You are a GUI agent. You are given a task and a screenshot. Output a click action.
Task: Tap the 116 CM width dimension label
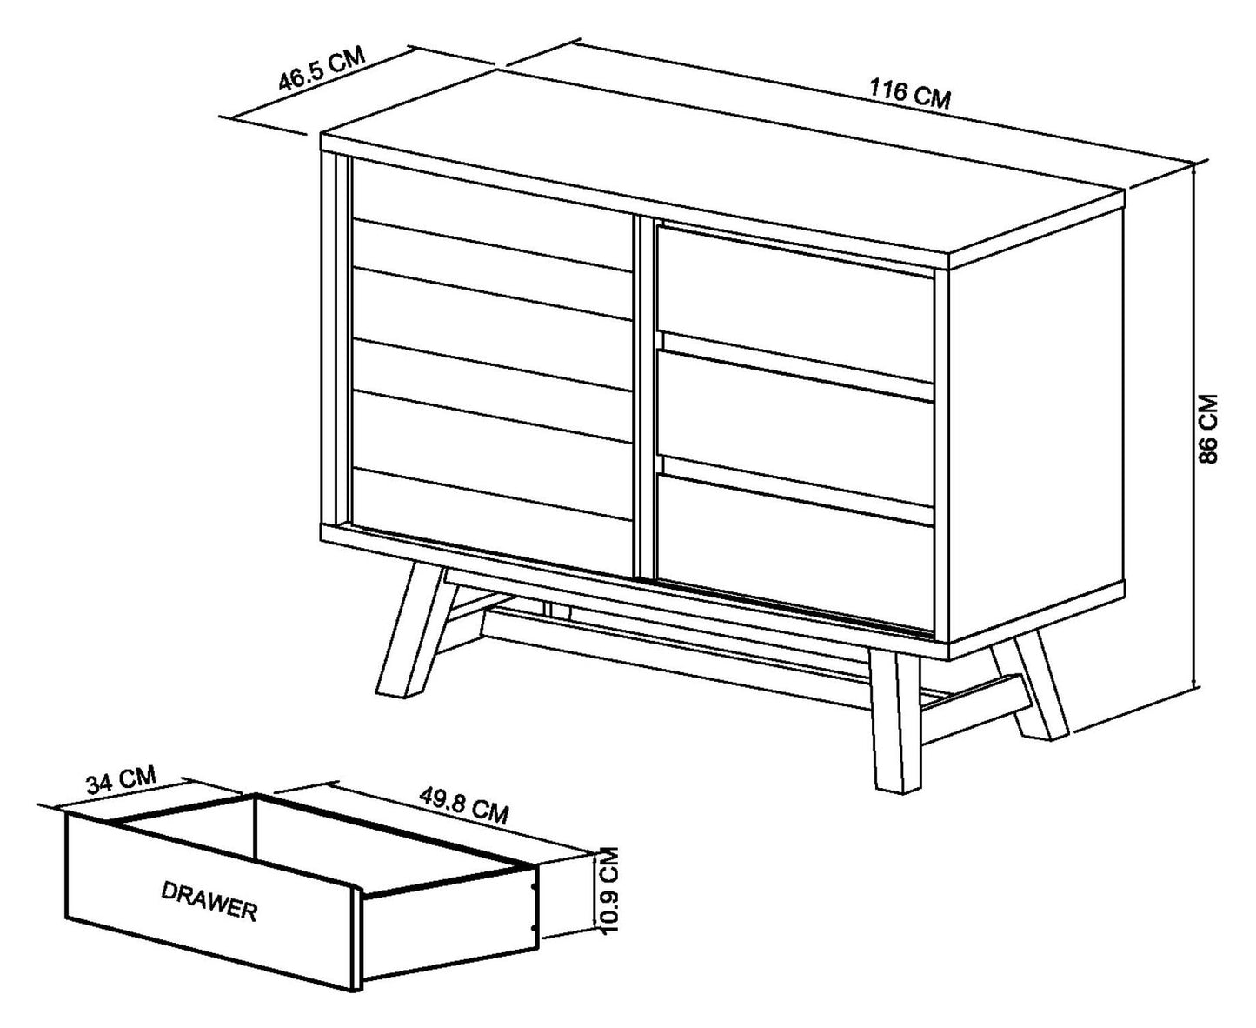[909, 94]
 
